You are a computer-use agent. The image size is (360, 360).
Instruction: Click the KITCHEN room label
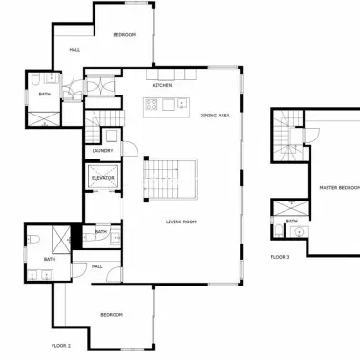point(160,85)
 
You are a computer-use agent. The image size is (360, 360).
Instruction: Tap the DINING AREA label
point(214,116)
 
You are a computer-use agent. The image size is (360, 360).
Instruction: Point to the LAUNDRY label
point(103,151)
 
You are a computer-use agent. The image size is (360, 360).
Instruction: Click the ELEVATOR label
point(103,178)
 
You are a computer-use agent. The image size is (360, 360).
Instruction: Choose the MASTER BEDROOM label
point(339,188)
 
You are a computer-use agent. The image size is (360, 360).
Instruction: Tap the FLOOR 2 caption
point(62,344)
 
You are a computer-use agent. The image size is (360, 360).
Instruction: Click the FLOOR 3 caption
point(280,256)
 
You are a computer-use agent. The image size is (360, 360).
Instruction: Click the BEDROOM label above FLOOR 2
point(113,315)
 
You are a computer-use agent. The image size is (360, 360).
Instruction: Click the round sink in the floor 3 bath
point(298,231)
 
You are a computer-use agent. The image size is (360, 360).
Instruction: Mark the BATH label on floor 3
point(291,221)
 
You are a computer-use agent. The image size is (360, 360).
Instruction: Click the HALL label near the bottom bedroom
point(97,266)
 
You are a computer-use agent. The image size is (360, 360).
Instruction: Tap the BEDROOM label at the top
point(124,35)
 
